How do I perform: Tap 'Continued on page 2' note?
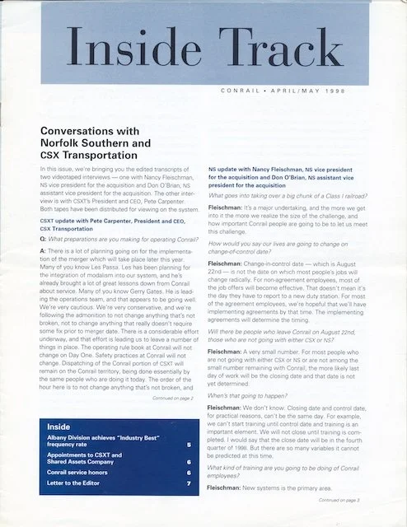pyautogui.click(x=172, y=397)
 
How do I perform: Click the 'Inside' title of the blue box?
pyautogui.click(x=58, y=427)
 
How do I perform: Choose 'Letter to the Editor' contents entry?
pyautogui.click(x=76, y=484)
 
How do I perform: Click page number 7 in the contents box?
pyautogui.click(x=189, y=484)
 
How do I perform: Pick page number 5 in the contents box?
pyautogui.click(x=189, y=445)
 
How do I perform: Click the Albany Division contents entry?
pyautogui.click(x=95, y=441)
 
